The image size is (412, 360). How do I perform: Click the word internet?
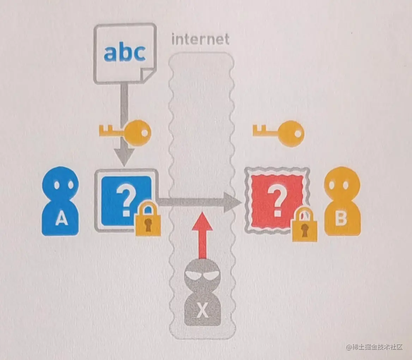pos(200,40)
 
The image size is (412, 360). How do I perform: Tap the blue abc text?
pos(125,53)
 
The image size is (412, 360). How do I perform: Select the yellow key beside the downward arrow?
pos(125,132)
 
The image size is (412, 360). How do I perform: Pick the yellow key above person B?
pos(278,132)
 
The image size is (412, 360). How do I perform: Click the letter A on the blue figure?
pos(61,219)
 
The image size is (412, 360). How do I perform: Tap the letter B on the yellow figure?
pos(341,218)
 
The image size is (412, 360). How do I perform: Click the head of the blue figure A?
pos(60,183)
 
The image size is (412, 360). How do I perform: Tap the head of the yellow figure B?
pos(342,183)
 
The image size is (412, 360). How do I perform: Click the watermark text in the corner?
pos(374,347)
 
